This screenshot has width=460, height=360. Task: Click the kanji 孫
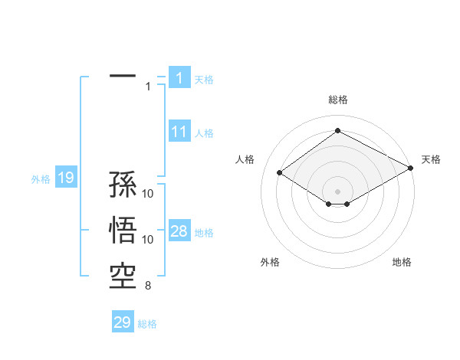(x=123, y=186)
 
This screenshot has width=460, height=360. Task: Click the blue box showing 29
(x=123, y=322)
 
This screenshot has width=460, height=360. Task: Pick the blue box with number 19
(x=65, y=178)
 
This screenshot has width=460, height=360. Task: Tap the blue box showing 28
(x=179, y=232)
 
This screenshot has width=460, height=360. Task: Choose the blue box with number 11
(x=179, y=132)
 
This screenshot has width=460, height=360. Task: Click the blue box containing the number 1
(x=179, y=78)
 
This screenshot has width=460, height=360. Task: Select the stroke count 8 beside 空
(x=148, y=287)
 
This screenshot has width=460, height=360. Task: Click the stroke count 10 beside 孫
(x=148, y=194)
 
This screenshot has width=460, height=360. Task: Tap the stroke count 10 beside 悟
(x=148, y=240)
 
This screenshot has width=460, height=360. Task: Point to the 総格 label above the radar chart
(x=338, y=100)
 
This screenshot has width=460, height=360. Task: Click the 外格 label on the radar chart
(x=270, y=262)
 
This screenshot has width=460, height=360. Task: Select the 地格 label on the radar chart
(x=402, y=262)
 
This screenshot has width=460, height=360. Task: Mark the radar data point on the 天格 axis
(x=412, y=169)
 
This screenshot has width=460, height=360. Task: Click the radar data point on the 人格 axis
(x=279, y=173)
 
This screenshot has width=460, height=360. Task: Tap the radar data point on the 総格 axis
(x=337, y=131)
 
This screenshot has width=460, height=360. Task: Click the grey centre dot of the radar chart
(x=337, y=190)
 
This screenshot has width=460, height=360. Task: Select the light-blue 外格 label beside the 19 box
(x=41, y=179)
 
